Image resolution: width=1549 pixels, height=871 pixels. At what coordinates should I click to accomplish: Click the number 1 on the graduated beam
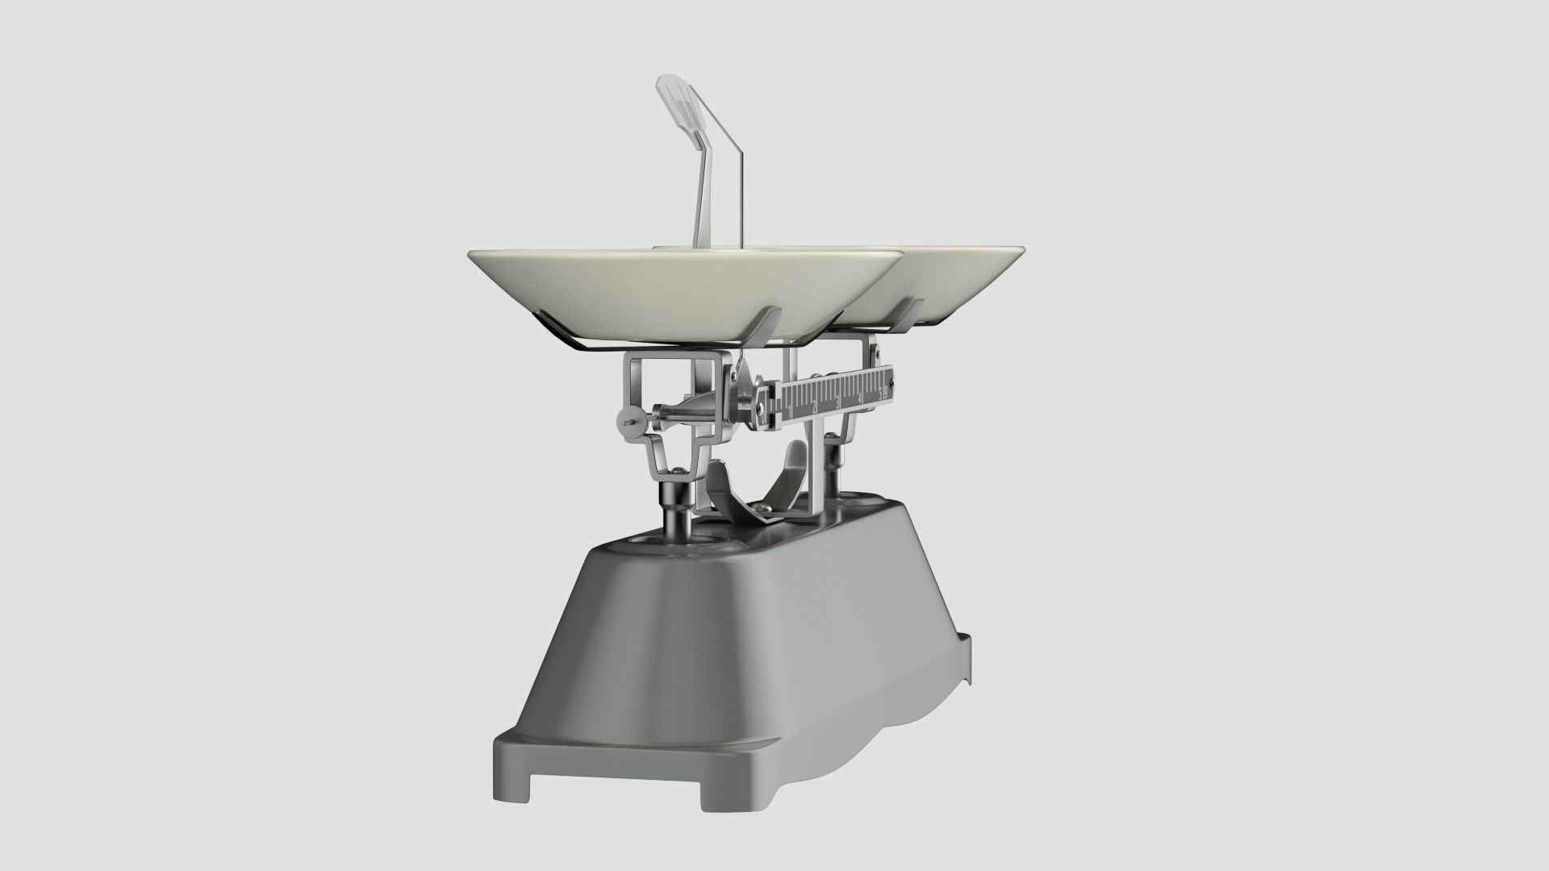tap(790, 408)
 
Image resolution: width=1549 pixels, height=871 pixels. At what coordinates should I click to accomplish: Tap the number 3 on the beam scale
tap(838, 401)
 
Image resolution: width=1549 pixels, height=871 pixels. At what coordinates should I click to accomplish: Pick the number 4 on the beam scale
tap(860, 398)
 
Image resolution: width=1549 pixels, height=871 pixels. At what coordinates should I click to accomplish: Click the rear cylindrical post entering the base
tap(832, 472)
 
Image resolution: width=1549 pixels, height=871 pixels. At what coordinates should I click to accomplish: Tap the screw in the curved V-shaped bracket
tap(761, 507)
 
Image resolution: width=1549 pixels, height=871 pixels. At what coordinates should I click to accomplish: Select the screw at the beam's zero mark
tap(760, 408)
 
